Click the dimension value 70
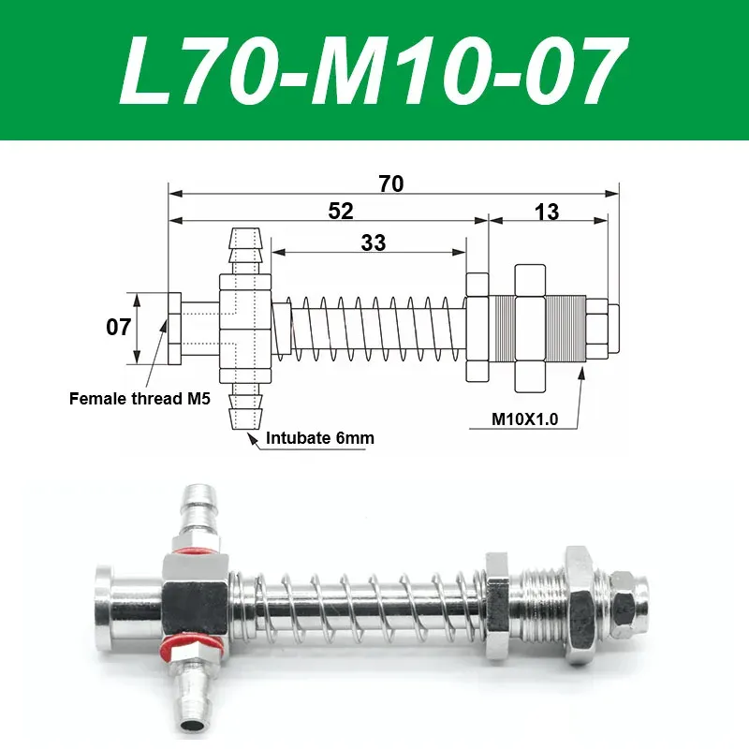click(391, 184)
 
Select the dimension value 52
click(341, 212)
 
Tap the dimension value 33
click(373, 242)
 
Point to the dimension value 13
click(547, 212)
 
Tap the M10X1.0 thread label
click(525, 420)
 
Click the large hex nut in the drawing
click(529, 328)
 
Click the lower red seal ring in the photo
click(176, 646)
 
